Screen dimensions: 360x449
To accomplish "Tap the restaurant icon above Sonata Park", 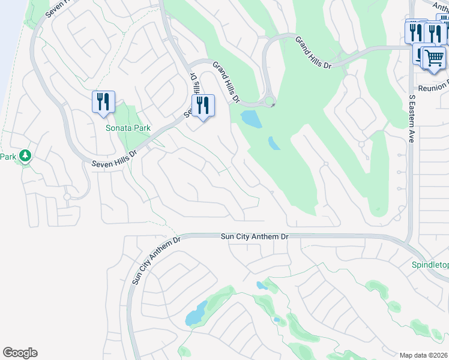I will click(103, 103).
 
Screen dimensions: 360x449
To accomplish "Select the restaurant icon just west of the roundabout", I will click(203, 106).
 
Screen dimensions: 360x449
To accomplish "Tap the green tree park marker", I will click(25, 157).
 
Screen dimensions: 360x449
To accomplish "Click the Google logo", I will click(20, 353).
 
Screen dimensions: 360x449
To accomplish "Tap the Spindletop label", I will click(430, 265).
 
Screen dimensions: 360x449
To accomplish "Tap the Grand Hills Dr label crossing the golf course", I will click(313, 52).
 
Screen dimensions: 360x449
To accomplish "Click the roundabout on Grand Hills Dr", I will click(268, 101).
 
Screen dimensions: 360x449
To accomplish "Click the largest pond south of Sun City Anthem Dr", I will click(196, 313).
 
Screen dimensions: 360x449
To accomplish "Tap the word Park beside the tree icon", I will click(7, 157).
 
